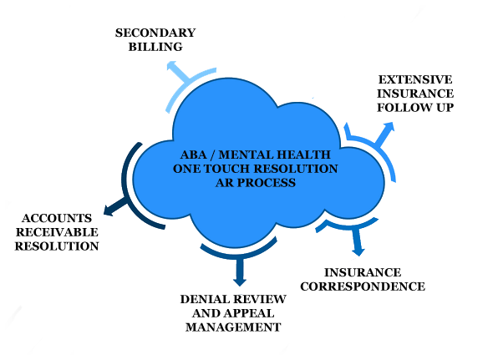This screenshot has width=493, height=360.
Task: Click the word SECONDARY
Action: click(x=155, y=33)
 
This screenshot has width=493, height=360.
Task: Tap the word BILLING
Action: click(x=155, y=47)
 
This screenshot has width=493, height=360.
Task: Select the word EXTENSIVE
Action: click(x=415, y=79)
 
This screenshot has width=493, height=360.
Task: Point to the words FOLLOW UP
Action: click(x=415, y=108)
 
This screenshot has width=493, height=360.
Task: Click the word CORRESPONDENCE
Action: click(x=363, y=286)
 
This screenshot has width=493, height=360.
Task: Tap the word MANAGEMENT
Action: click(x=233, y=327)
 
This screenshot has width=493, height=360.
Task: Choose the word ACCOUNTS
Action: click(x=57, y=218)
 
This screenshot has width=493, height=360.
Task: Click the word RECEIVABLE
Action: click(x=57, y=232)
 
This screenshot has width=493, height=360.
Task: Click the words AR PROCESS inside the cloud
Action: click(x=256, y=183)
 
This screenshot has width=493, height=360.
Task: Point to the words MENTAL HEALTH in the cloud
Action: click(x=274, y=155)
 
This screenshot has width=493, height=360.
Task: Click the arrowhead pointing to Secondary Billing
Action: click(x=171, y=65)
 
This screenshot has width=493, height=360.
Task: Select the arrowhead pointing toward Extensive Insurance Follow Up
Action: click(x=389, y=126)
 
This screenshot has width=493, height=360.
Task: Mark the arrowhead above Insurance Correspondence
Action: click(x=358, y=252)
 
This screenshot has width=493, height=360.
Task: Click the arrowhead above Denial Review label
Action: click(x=240, y=281)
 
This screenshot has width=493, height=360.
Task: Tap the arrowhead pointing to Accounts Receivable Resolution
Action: click(x=108, y=210)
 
